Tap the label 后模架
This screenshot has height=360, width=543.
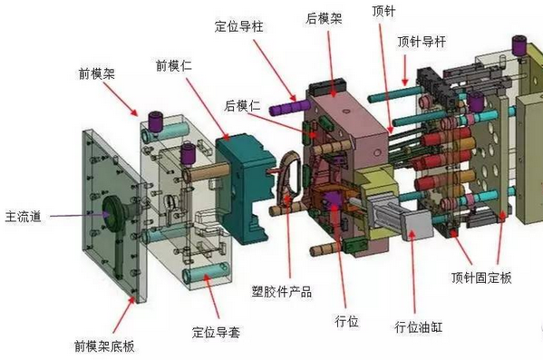(323, 17)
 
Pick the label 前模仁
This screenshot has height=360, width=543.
(174, 64)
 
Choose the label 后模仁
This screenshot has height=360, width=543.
(242, 106)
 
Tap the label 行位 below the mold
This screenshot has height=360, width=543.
(347, 321)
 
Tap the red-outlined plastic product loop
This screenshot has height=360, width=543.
(287, 178)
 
